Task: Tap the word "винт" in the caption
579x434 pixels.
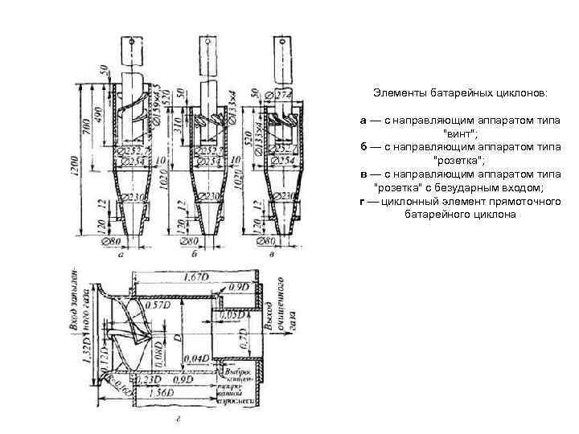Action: pyautogui.click(x=458, y=133)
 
